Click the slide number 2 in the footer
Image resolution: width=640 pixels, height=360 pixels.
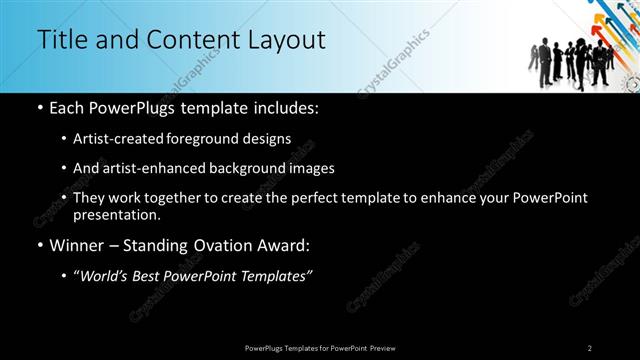click(589, 347)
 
